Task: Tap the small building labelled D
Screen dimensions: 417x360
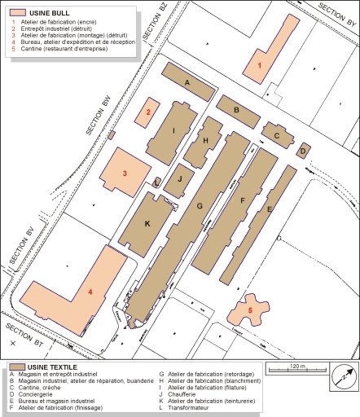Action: click(x=302, y=150)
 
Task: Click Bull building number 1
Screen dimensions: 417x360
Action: click(x=261, y=64)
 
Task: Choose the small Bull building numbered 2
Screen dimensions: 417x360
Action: click(x=148, y=112)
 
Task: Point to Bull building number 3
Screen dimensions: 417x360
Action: click(x=123, y=173)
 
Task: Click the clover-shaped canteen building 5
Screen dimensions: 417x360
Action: click(x=250, y=310)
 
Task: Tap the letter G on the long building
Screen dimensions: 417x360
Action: click(x=199, y=206)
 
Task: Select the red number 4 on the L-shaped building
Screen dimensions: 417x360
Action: click(x=90, y=291)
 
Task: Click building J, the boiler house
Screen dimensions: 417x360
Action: click(x=179, y=179)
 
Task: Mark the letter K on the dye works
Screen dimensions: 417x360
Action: click(x=147, y=223)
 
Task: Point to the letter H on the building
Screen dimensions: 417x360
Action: click(x=206, y=141)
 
